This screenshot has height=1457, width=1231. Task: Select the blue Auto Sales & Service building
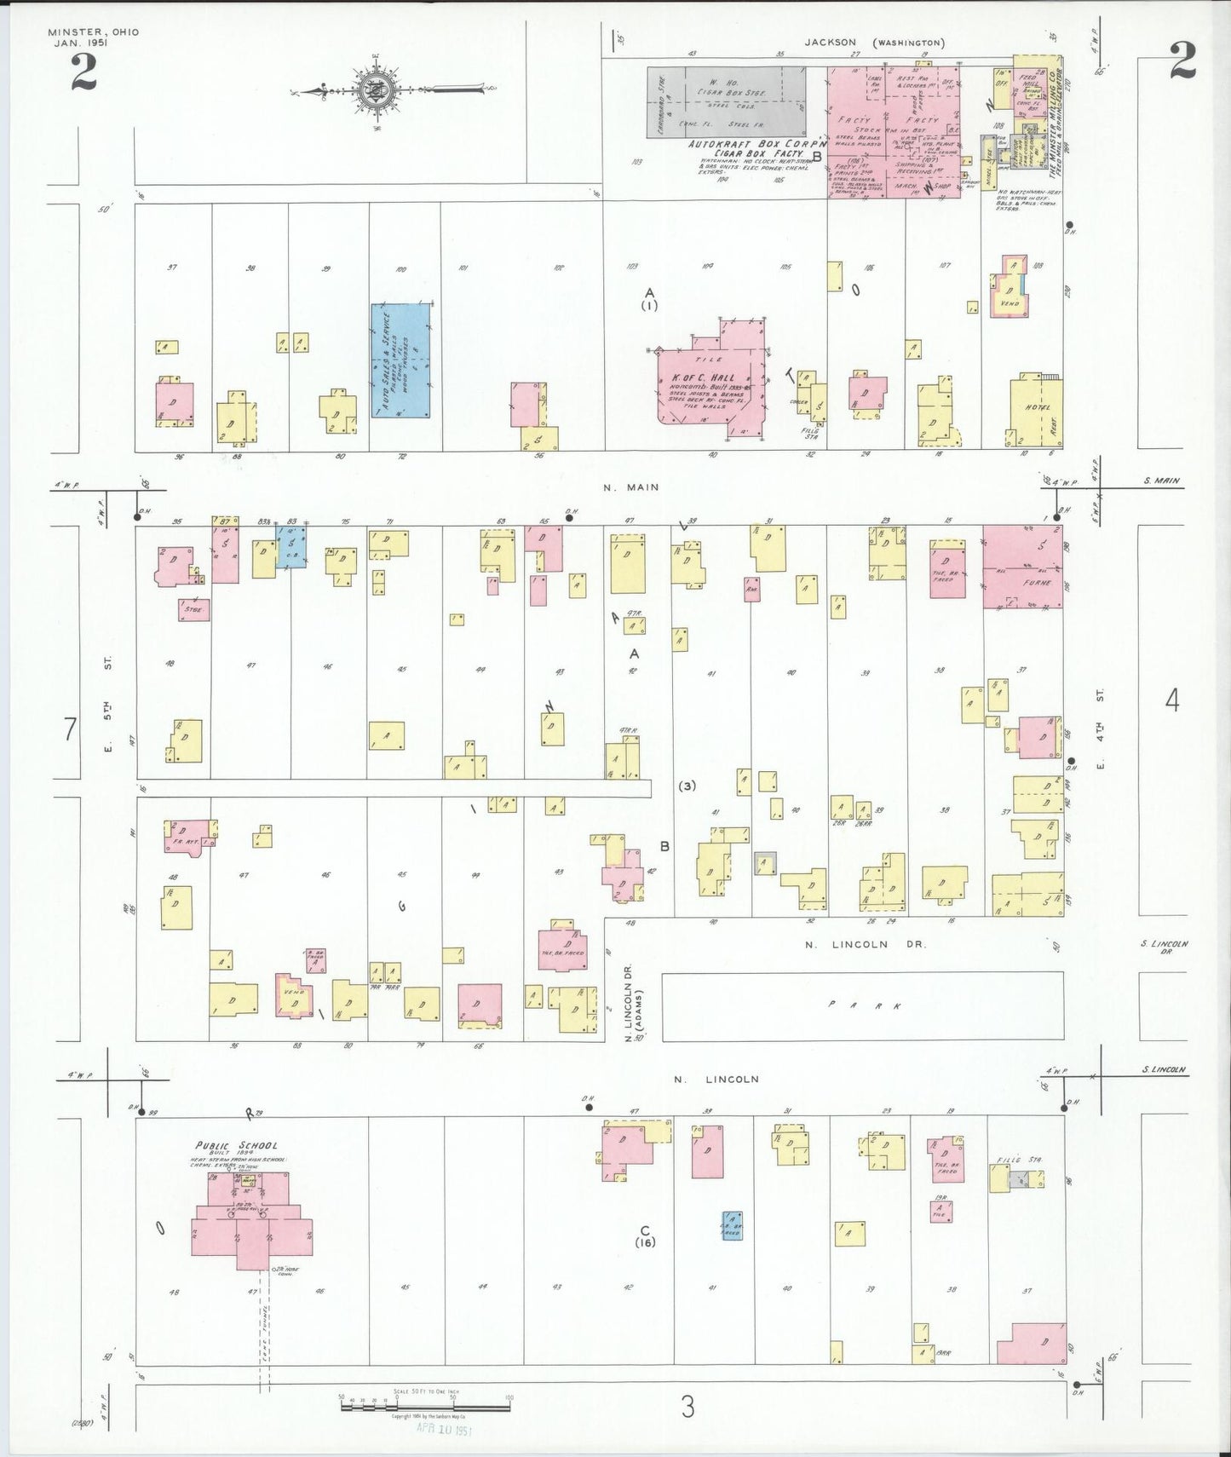point(400,360)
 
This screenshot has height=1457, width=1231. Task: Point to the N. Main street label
point(630,487)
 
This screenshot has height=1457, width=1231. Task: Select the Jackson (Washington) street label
point(874,42)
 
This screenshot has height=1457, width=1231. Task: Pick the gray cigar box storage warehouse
point(726,102)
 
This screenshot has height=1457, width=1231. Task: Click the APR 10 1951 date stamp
point(443,1429)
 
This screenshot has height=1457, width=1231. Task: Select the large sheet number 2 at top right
point(1182,60)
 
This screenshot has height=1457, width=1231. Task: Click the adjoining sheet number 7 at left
point(70,729)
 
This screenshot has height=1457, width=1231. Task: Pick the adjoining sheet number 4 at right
point(1172,700)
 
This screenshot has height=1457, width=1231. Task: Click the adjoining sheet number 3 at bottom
point(687,1407)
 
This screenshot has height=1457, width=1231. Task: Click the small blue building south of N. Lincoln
point(731,1225)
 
